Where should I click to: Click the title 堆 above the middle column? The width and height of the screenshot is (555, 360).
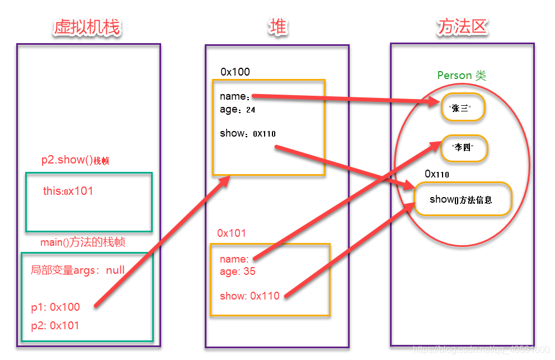point(278,27)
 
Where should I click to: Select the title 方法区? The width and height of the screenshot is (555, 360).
point(462,27)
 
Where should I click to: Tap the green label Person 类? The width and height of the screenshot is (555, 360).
point(462,76)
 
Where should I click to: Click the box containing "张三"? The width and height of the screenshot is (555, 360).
point(462,109)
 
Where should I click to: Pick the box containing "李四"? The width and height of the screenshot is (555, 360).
point(464,148)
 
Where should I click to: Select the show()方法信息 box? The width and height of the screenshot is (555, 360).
point(463,199)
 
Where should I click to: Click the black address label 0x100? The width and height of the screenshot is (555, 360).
point(235,72)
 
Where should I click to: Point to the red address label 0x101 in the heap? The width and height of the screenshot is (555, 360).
point(232,233)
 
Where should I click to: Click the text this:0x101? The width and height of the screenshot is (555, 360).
point(68,191)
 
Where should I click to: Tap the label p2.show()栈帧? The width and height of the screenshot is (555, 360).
point(75,160)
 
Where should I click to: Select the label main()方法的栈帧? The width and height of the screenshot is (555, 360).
point(83,242)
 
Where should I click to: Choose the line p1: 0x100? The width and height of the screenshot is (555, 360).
point(55,307)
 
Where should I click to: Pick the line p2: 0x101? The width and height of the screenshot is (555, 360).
point(55,325)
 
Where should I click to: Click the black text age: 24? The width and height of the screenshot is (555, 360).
point(237,110)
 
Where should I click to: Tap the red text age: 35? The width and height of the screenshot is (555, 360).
point(237,272)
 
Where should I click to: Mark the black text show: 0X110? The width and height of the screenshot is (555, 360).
point(247,133)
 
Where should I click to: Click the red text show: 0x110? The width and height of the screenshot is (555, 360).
point(250,296)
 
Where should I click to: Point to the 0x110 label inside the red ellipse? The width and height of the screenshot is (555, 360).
point(437,174)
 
